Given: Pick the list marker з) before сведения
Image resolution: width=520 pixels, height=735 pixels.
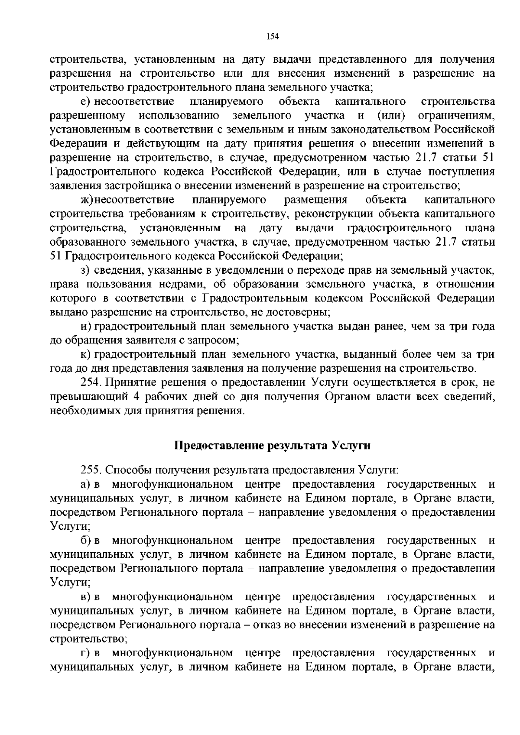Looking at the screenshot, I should (85, 270).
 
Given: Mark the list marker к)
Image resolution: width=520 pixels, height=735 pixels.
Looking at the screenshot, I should (85, 355).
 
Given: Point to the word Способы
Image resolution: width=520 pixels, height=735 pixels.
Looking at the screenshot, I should (127, 470).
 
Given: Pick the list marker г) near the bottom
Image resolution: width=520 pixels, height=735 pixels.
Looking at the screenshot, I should (85, 653).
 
